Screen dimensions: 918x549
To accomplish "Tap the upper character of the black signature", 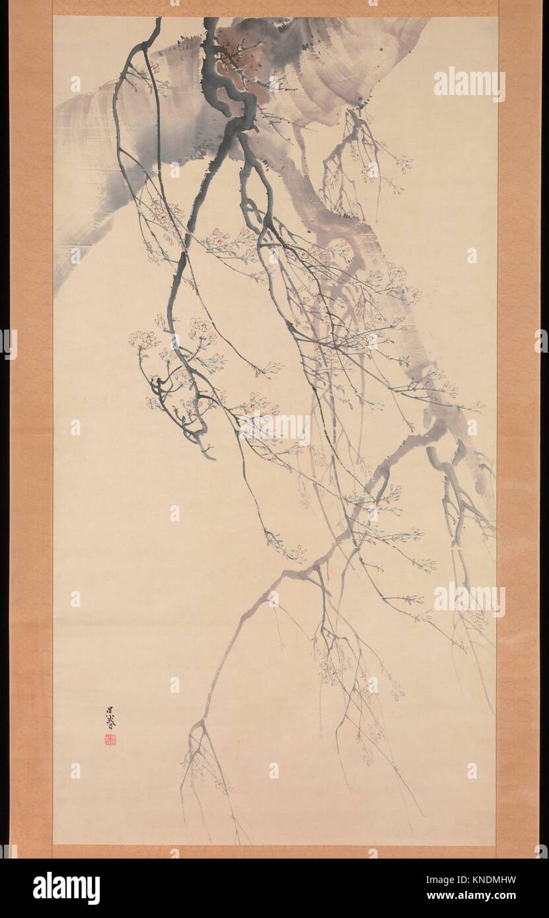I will (x=110, y=711).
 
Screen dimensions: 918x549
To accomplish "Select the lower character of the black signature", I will (x=109, y=724).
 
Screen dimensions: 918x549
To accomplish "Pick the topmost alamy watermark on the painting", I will (x=470, y=84).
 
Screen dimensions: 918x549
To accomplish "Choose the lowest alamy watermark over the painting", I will (x=470, y=599).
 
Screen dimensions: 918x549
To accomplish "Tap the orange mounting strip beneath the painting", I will (x=274, y=852).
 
